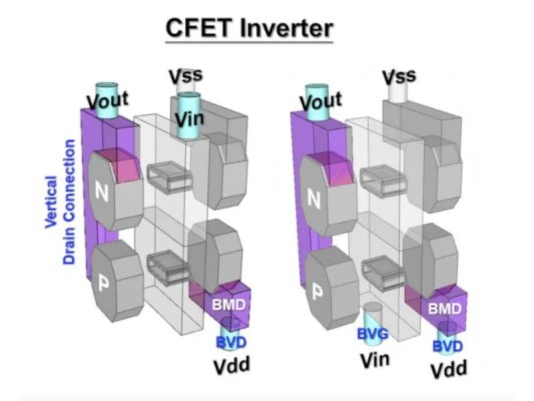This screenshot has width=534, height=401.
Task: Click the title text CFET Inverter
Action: (x=248, y=29)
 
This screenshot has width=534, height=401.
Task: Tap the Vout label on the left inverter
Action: (x=107, y=102)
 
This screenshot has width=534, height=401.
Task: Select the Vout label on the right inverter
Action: (x=320, y=102)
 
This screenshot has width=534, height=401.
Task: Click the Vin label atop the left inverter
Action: (x=190, y=120)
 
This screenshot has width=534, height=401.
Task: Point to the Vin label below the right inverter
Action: (x=376, y=360)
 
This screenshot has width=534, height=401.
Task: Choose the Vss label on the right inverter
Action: (x=398, y=76)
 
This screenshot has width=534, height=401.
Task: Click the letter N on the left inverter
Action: (x=102, y=193)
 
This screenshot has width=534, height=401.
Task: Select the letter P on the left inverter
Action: (x=104, y=283)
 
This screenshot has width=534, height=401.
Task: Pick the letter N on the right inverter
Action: (x=315, y=196)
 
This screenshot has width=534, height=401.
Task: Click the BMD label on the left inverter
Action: (x=228, y=303)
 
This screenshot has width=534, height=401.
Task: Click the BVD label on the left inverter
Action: (x=231, y=343)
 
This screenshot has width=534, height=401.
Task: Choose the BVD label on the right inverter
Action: (x=447, y=347)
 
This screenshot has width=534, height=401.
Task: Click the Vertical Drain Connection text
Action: (x=60, y=213)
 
